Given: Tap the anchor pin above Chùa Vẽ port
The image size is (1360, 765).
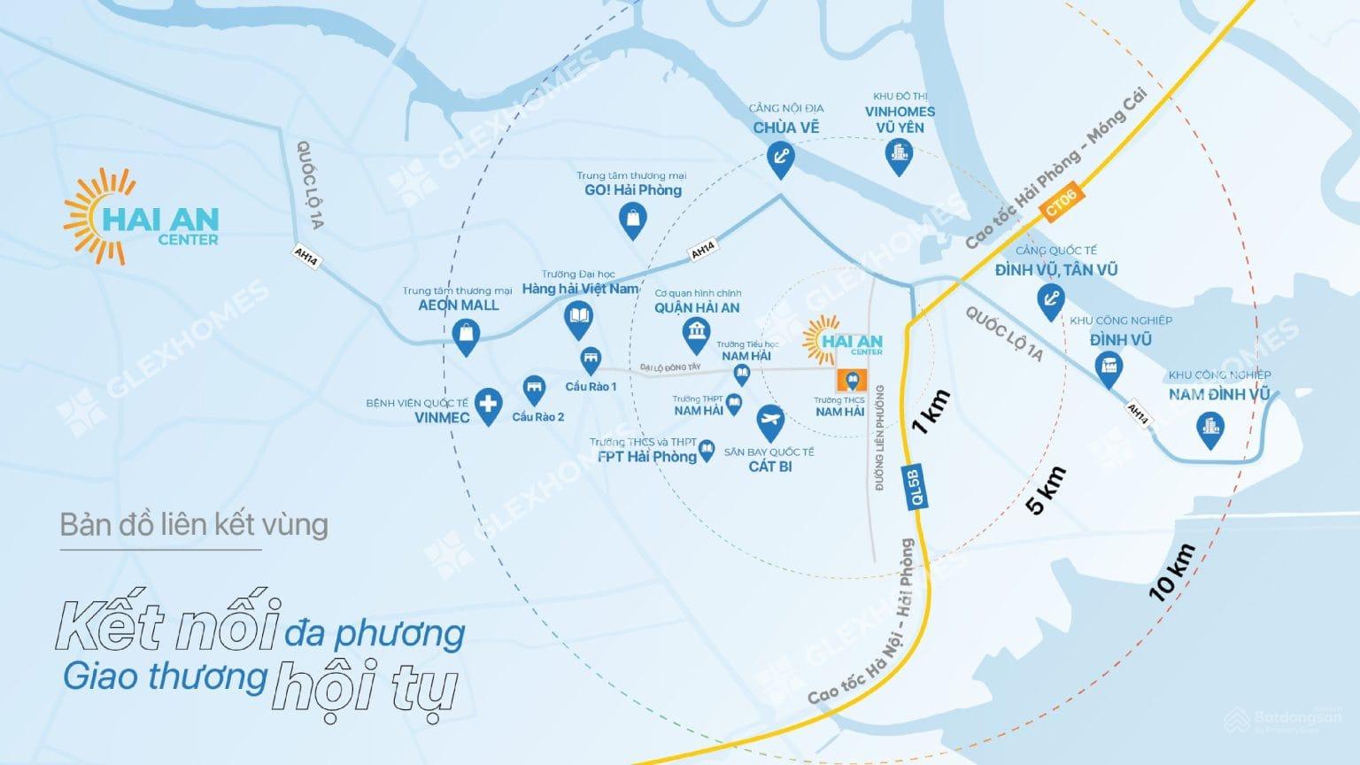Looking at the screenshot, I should tap(780, 158).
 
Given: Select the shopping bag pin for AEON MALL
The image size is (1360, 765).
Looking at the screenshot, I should tap(466, 335).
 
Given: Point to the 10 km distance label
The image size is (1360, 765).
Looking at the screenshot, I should tap(1172, 573).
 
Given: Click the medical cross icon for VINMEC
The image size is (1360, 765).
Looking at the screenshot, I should tap(486, 406).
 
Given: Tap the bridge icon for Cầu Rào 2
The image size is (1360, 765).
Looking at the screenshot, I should tap(534, 388).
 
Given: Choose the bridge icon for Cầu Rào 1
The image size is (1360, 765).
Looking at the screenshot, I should tap(591, 359).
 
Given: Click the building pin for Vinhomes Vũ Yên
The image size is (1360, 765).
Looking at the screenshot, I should tap(899, 157).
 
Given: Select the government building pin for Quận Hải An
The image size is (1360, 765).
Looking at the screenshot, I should tap(696, 334).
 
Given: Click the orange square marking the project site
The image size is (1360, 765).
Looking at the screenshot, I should tap(852, 382).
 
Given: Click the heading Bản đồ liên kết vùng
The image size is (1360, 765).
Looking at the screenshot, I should tap(194, 525).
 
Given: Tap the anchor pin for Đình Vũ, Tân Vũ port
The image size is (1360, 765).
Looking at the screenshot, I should tap(1050, 300).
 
